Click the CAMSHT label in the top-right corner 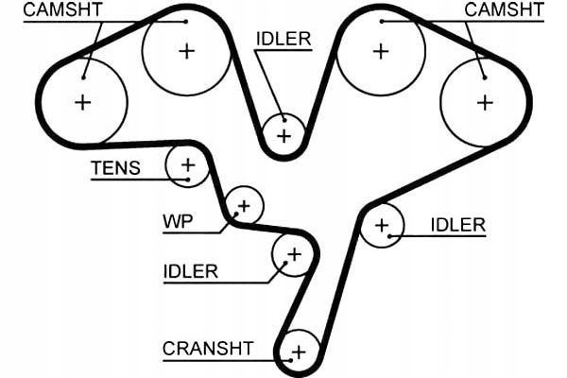coord(506,10)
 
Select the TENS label coord(115,170)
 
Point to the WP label coord(177,223)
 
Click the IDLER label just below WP coord(190,272)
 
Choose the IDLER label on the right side coord(457,225)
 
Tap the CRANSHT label coord(208,348)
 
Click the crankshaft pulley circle coord(300,352)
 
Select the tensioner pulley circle coord(187,166)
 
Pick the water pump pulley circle coord(245,204)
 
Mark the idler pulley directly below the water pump coord(293,254)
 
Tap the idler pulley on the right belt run coord(382,226)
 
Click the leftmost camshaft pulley coord(83,102)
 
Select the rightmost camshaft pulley coord(485,101)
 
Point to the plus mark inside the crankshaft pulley coord(300,352)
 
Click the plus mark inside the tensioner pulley coord(187,166)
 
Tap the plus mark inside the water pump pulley coord(245,204)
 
